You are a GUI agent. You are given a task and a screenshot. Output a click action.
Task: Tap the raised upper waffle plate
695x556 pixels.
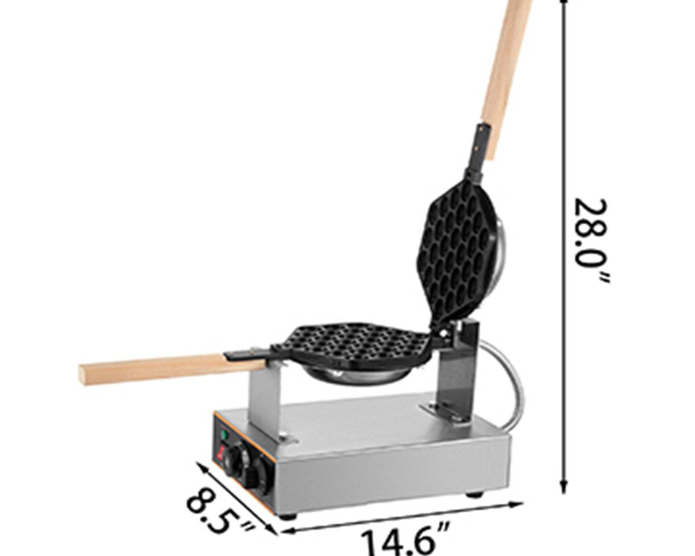coord(458,249)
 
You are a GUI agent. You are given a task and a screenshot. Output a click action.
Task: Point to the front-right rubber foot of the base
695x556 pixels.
coord(475,494)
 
